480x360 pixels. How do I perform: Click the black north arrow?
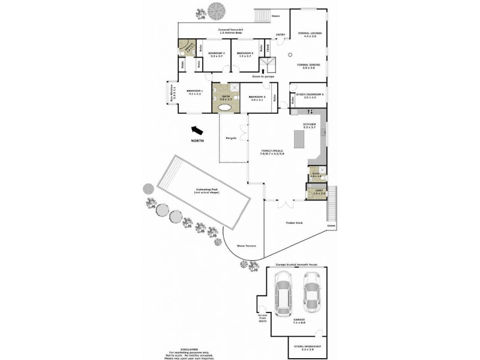pos(196,129)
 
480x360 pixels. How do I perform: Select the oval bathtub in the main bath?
pos(226,108)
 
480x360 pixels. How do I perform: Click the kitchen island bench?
pos(299,140)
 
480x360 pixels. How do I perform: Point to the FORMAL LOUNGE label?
pos(310,33)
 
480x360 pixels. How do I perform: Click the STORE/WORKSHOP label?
pos(307,346)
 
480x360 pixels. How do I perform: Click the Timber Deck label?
pos(295,223)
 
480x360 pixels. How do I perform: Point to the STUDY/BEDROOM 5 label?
pos(310,94)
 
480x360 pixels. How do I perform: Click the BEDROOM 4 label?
pos(217,53)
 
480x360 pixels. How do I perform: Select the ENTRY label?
pos(280,35)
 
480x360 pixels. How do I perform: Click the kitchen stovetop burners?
pos(311,112)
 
